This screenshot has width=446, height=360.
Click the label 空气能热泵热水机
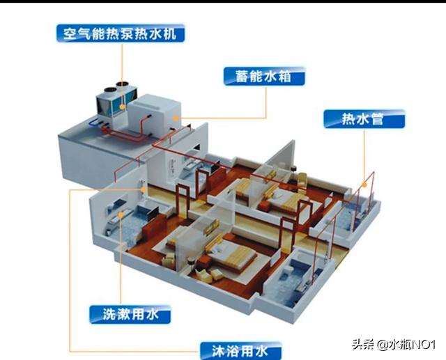tap(121, 33)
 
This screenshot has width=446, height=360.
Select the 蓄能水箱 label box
tap(264, 77)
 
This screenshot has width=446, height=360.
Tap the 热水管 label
tap(364, 119)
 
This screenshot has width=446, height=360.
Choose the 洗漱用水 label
tap(130, 315)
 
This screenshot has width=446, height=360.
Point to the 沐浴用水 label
tap(240, 351)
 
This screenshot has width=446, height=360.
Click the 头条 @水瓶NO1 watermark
tap(394, 345)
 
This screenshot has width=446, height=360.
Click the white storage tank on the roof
tap(154, 114)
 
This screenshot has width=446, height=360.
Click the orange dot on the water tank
tap(176, 118)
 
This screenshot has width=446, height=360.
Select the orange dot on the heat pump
tap(123, 107)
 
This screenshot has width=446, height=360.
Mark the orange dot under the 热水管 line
tap(364, 185)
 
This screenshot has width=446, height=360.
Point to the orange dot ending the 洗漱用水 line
tap(121, 214)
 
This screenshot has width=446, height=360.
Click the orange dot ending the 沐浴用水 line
tap(144, 189)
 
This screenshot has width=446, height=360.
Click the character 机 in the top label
tap(169, 33)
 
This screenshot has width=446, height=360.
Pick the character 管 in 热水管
tap(378, 119)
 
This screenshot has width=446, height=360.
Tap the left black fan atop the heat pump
tap(110, 90)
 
